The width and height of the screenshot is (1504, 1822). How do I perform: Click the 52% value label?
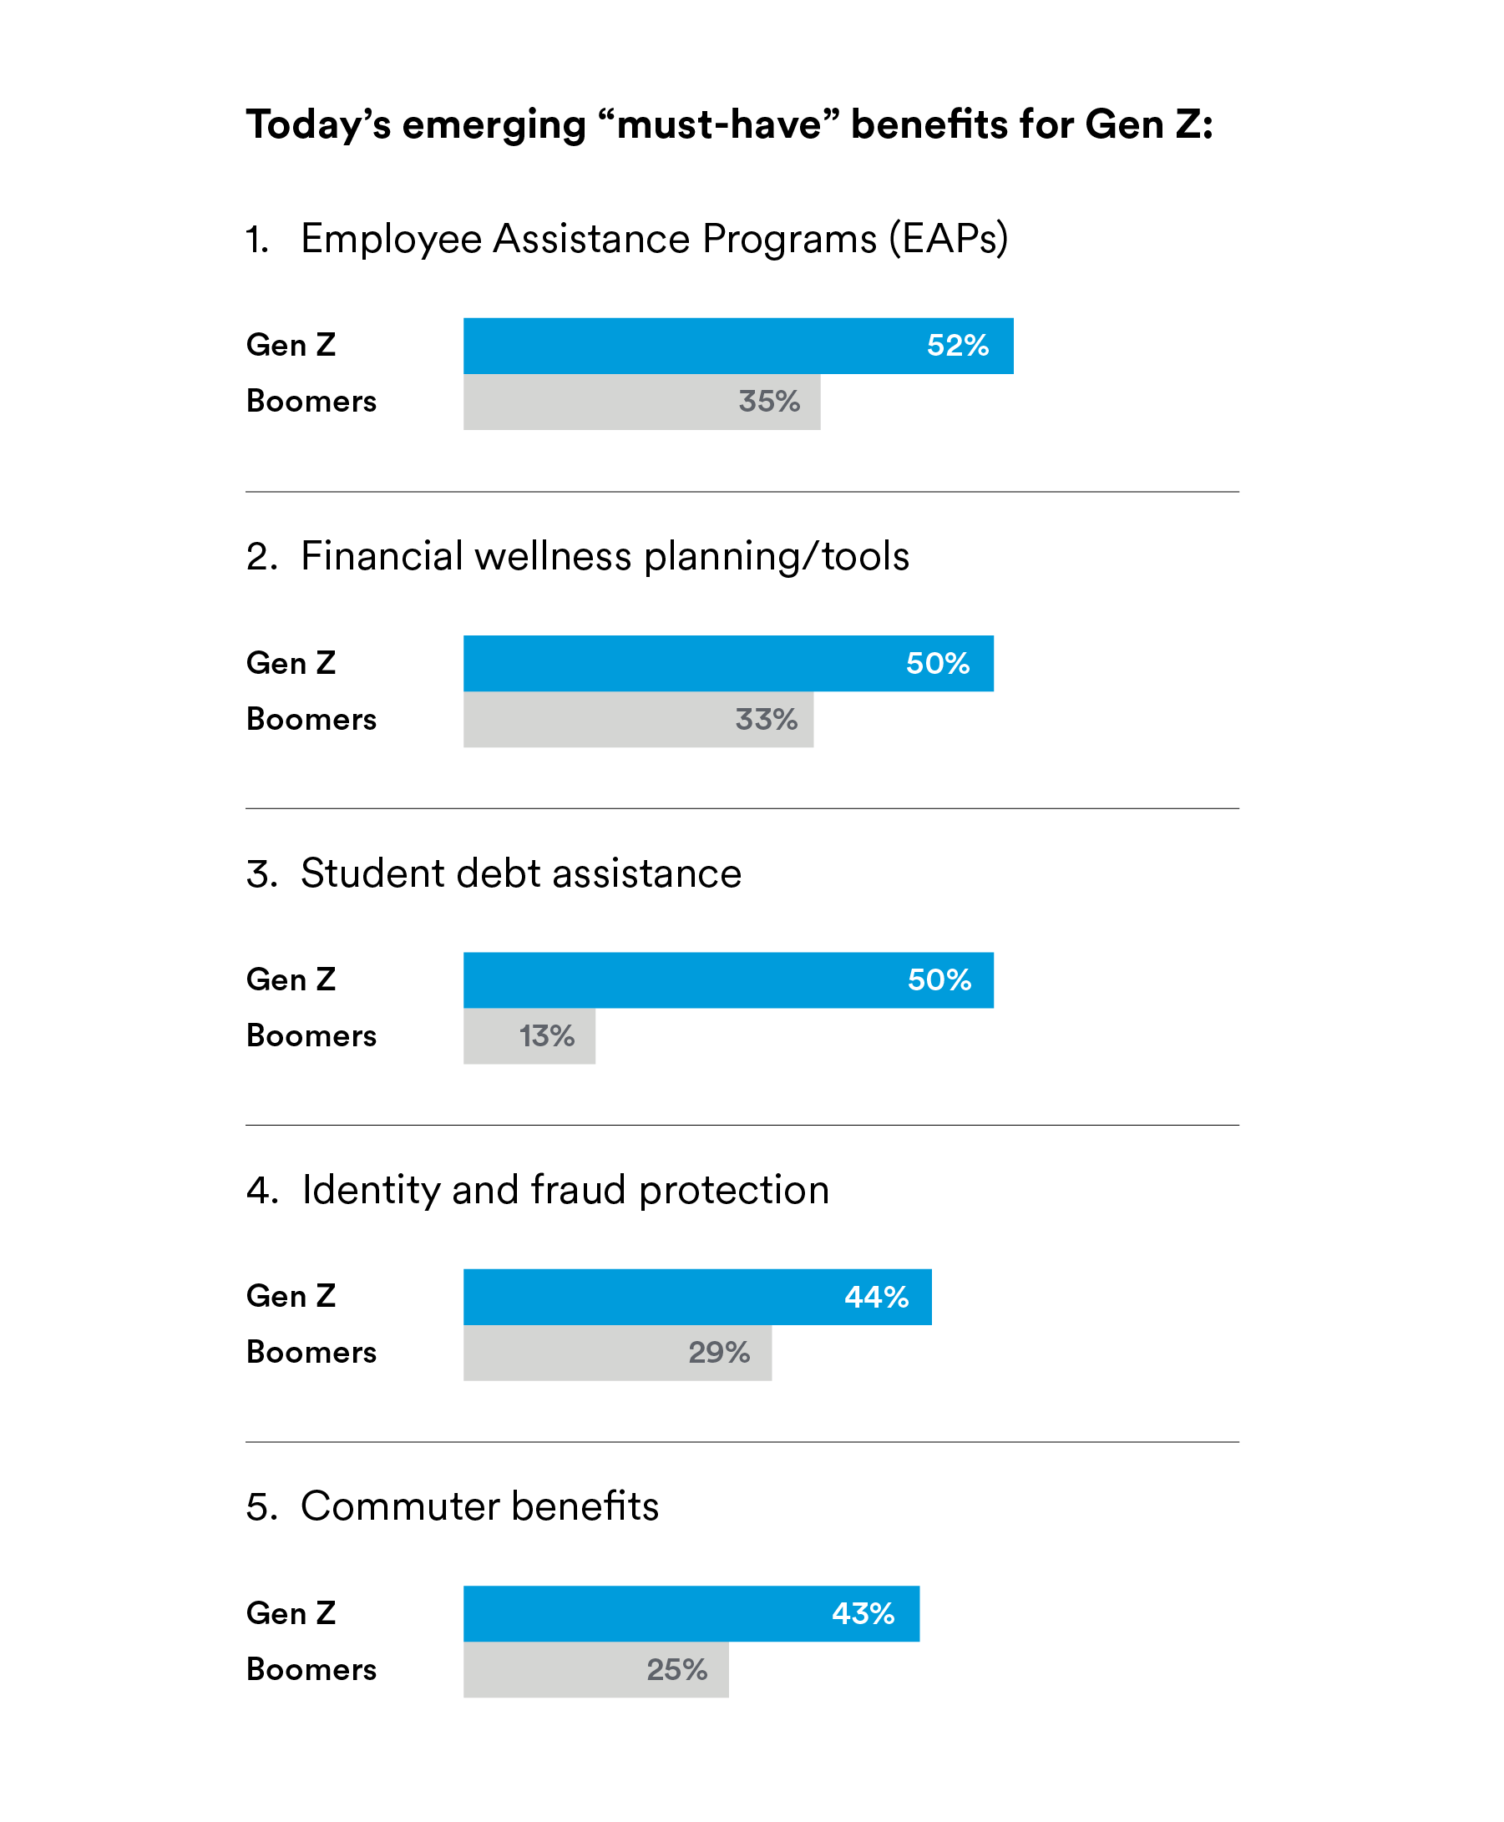tap(957, 346)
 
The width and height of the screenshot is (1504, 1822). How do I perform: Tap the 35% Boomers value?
tap(768, 402)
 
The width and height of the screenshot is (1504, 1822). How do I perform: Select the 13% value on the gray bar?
tap(547, 1036)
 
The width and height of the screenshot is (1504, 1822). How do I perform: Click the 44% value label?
tap(876, 1297)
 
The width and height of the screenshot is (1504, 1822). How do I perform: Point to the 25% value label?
tap(676, 1669)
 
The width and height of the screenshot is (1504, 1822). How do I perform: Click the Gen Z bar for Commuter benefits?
tap(641, 1613)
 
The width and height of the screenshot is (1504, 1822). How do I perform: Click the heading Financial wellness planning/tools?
tap(604, 556)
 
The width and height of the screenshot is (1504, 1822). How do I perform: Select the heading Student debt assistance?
tap(521, 873)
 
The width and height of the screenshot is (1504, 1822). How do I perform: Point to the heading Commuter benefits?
tap(479, 1506)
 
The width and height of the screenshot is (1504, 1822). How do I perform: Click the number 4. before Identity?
tap(261, 1191)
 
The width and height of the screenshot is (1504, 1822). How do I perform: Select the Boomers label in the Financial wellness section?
tap(311, 719)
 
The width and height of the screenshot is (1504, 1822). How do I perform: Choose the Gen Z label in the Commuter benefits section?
tap(291, 1613)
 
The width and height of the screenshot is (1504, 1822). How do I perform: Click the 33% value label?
tap(766, 719)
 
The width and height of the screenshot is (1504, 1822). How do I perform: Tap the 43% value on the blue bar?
tap(863, 1613)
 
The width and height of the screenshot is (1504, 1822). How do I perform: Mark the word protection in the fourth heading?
tap(734, 1191)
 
